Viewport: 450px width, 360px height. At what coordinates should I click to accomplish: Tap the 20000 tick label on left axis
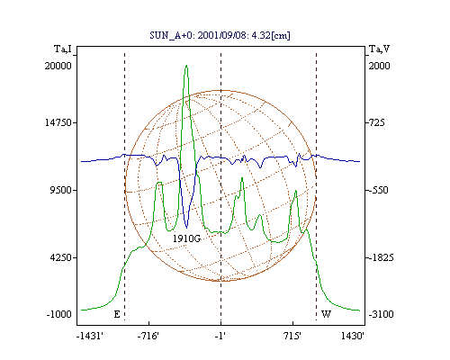pos(58,66)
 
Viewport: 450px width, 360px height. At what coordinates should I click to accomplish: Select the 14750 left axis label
pos(58,122)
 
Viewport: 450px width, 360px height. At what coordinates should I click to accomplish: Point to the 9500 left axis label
pos(61,190)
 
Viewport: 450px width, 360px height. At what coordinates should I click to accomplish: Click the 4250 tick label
pos(61,257)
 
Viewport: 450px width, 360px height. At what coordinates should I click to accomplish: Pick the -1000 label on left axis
pos(59,314)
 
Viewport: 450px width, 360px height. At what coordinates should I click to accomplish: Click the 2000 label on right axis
pos(379,66)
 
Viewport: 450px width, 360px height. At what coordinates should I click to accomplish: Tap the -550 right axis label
pos(378,190)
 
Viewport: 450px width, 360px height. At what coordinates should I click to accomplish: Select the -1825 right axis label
pos(381,257)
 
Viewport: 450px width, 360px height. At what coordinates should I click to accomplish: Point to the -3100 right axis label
pos(381,314)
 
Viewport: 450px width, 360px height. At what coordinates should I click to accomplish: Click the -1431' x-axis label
pos(90,336)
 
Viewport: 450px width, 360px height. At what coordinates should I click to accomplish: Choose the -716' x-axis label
pos(148,336)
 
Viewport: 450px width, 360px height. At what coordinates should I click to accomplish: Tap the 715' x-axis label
pos(292,336)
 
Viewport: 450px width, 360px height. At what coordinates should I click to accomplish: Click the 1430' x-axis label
pos(353,336)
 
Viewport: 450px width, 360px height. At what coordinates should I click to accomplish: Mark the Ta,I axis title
pos(63,49)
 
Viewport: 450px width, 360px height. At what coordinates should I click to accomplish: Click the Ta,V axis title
pos(379,49)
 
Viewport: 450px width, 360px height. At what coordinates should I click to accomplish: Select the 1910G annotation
pos(186,238)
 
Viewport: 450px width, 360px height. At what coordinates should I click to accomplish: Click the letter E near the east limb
pos(117,314)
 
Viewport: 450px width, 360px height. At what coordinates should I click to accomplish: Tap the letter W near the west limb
pos(326,314)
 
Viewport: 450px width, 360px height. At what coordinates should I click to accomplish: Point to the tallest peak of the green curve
pos(186,65)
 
